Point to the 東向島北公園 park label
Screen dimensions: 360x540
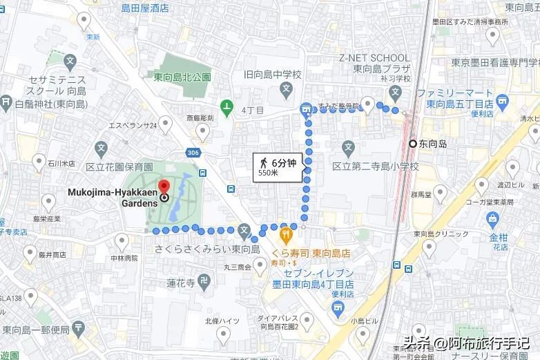pos(182,78)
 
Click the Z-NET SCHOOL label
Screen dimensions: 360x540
pos(374,57)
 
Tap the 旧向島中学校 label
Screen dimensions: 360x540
pos(273,75)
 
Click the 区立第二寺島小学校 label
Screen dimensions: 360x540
pos(376,167)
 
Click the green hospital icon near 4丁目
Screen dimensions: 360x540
pos(226,107)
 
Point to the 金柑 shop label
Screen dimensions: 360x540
pos(499,238)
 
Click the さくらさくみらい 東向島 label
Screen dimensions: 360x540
pos(206,249)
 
